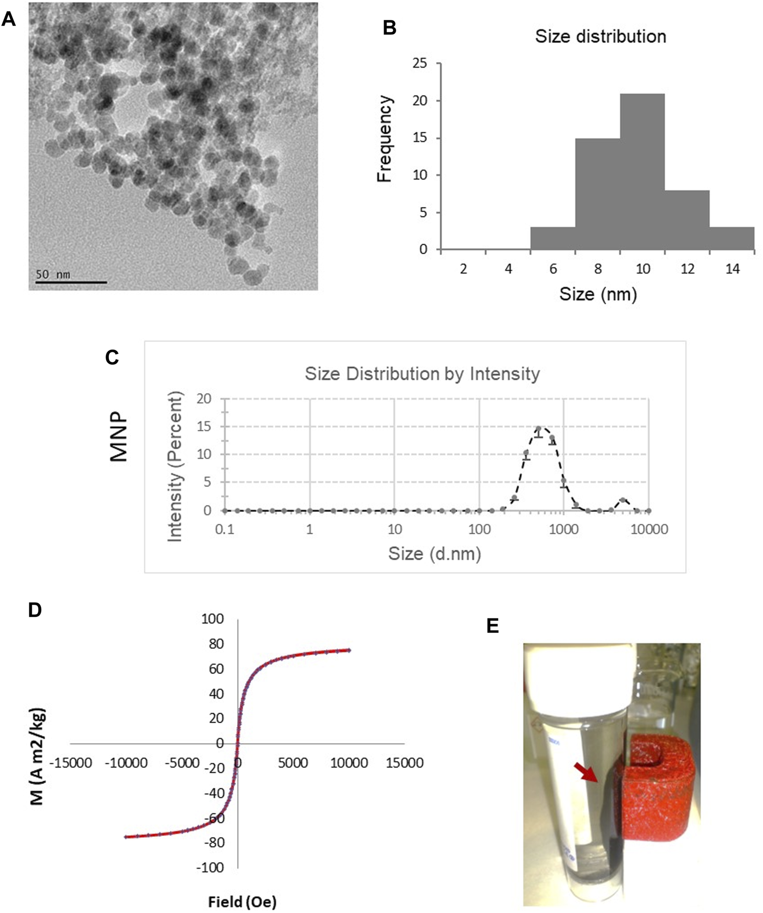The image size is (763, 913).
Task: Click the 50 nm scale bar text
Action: tap(53, 275)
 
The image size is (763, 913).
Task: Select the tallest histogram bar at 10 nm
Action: tap(642, 171)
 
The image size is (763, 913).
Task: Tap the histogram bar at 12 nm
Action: tap(687, 220)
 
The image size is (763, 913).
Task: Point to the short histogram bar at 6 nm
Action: tap(552, 239)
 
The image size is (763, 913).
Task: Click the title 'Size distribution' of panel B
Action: tap(600, 37)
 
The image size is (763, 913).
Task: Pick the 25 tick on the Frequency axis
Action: tap(420, 63)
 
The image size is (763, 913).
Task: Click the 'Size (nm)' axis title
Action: tap(598, 294)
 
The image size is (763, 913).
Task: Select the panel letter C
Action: tap(112, 358)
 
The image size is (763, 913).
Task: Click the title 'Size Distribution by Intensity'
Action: tap(422, 374)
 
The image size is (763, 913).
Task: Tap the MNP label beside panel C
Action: tap(119, 438)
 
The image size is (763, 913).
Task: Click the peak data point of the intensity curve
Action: tap(538, 429)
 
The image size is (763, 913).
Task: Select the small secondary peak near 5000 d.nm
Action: tap(623, 500)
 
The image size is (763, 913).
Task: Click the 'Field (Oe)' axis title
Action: tap(242, 902)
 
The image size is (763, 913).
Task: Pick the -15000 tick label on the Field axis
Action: tap(73, 763)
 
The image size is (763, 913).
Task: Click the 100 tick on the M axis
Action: tap(212, 619)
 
